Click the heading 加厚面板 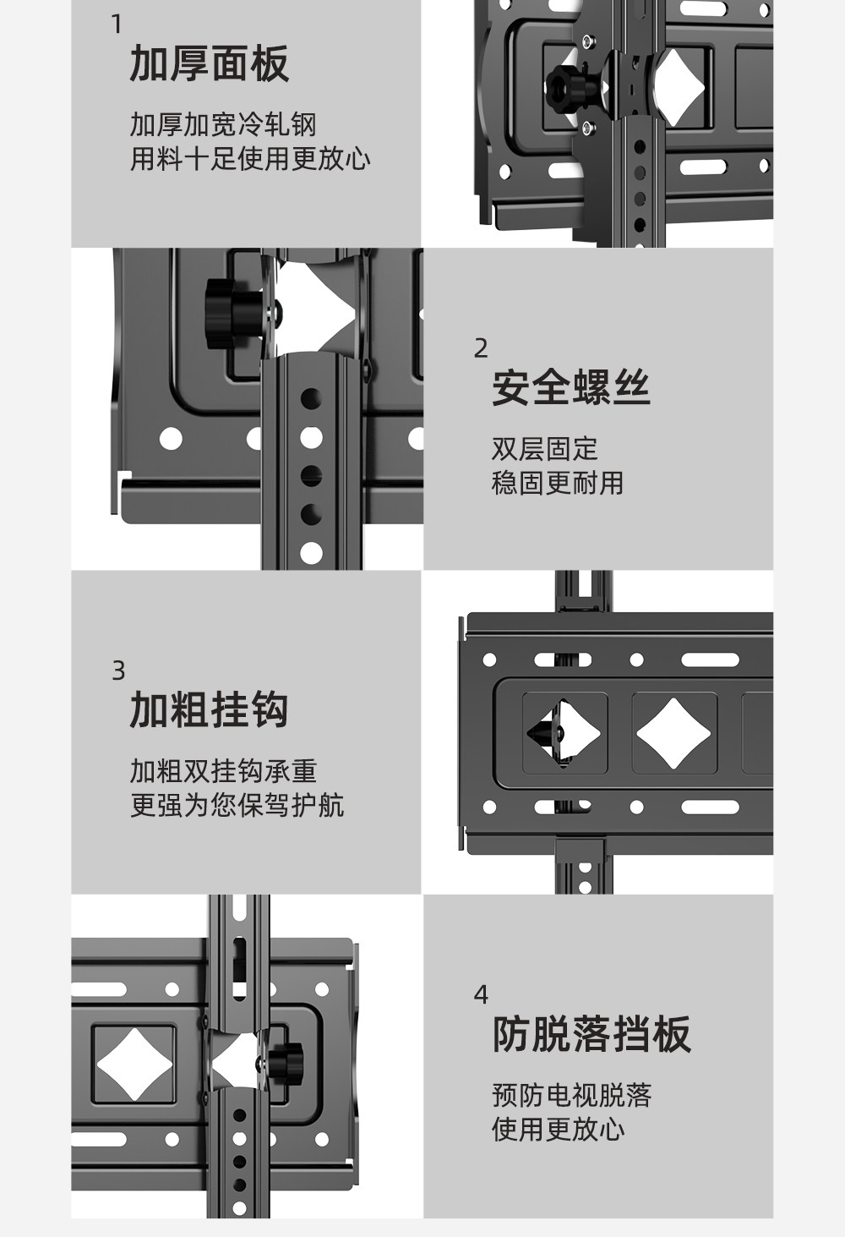point(209,64)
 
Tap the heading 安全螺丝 point(571,388)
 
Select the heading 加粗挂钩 point(209,710)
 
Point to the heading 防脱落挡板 point(591,1034)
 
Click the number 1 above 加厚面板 point(117,25)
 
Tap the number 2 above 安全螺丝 point(481,348)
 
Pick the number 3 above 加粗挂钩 point(118,670)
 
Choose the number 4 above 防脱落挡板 point(481,994)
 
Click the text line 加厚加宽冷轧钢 point(223,124)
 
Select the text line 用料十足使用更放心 point(250,158)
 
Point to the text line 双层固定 point(545,449)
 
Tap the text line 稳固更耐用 point(558,483)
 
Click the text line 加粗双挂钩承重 point(223,771)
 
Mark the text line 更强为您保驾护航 point(237,805)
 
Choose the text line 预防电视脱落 point(572,1096)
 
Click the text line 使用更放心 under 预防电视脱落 point(558,1129)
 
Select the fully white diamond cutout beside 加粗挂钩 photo point(673,733)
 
